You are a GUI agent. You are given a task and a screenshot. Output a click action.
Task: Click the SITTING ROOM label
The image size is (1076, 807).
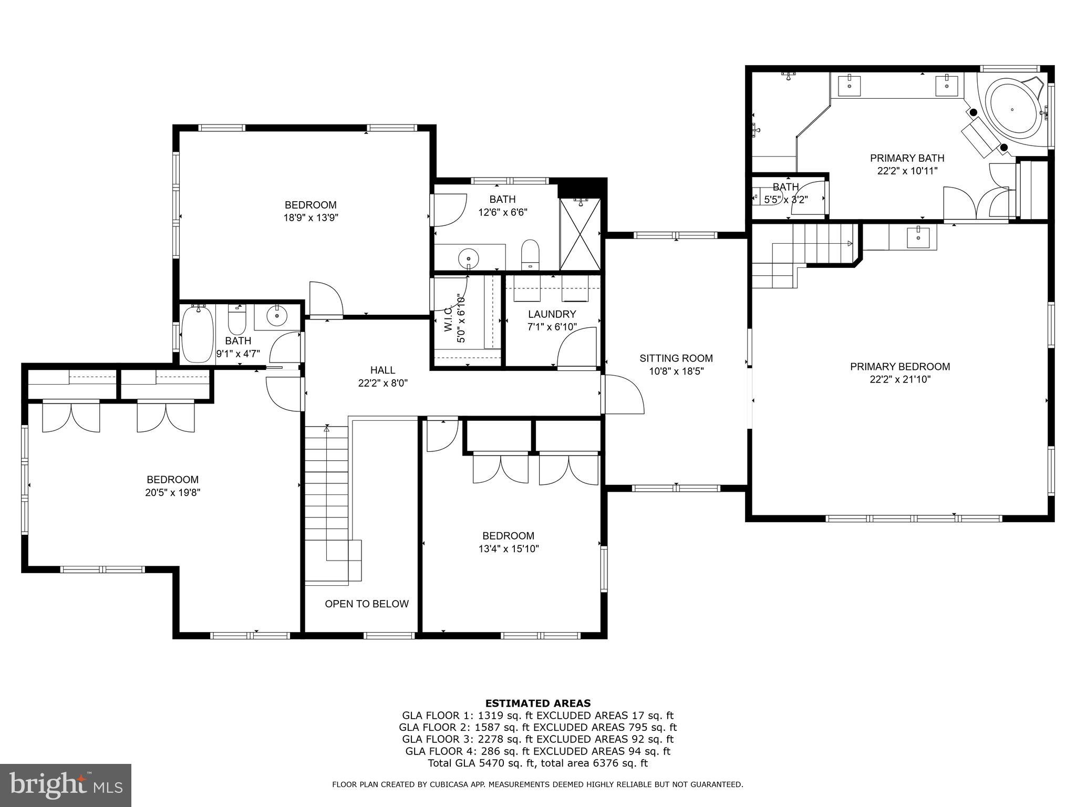(676, 358)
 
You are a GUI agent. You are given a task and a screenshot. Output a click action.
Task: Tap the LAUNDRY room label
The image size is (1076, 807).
(552, 314)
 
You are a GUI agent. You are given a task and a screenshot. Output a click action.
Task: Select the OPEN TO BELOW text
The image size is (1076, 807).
(367, 604)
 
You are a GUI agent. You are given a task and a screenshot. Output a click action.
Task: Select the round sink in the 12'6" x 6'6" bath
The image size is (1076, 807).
(468, 258)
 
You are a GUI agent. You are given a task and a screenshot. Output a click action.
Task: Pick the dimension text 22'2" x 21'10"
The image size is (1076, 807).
(900, 379)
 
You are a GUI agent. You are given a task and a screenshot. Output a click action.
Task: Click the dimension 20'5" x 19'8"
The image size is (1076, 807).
(172, 492)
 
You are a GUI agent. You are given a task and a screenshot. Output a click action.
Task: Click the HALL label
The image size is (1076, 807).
(382, 370)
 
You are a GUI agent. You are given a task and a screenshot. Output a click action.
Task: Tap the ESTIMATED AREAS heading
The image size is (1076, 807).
(537, 703)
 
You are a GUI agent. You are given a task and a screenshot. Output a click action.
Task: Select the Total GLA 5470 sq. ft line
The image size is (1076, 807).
(537, 763)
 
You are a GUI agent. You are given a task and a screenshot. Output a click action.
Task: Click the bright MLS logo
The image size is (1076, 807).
(66, 785)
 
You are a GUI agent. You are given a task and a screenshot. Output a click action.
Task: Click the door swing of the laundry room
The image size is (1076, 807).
(577, 348)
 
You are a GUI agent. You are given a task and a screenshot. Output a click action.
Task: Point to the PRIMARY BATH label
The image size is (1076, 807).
(907, 158)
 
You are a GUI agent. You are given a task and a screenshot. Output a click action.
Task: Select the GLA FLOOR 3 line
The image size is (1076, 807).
(537, 739)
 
